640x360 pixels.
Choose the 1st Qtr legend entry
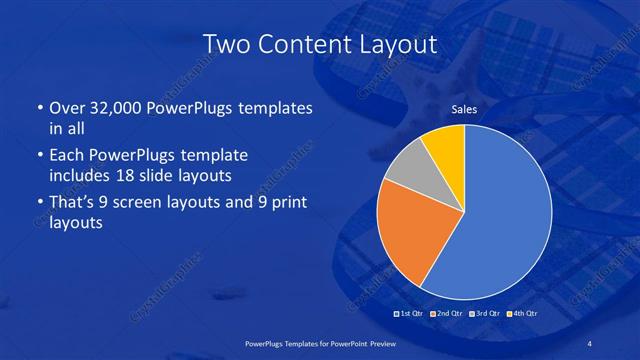click(411, 315)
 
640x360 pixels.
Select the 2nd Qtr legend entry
click(446, 315)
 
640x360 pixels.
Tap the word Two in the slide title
click(225, 43)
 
